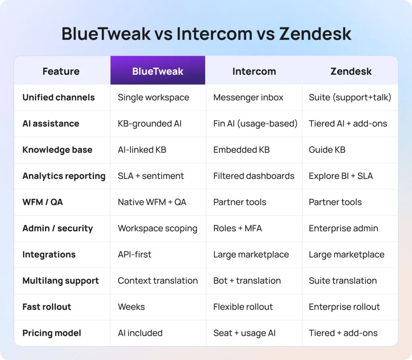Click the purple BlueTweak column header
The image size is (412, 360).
158,71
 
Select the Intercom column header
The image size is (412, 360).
254,71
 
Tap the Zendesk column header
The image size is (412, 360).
351,71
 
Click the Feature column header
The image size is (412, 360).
61,71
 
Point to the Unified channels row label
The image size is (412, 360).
59,97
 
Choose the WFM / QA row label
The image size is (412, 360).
43,202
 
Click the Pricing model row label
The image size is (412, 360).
52,333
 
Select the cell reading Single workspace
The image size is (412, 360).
153,97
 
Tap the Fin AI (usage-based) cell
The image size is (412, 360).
255,123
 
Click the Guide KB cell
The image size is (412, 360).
327,150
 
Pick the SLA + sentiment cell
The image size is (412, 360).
151,176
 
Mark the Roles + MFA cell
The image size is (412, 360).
237,228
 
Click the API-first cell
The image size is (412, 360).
134,254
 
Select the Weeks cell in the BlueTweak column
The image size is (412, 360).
131,307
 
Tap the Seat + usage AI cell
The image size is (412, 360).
244,333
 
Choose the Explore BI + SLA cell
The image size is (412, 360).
341,176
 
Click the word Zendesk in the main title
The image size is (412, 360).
315,34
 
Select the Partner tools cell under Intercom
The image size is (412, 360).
240,202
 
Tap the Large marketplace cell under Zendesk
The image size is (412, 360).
346,254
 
